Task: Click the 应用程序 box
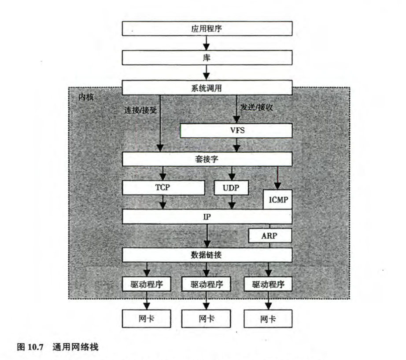207,29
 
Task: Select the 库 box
207,58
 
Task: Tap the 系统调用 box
207,88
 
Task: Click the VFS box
236,130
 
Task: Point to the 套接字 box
207,159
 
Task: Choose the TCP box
164,188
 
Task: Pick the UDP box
231,188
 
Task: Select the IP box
207,217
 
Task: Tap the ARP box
270,235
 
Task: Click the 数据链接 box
207,254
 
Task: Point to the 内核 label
85,96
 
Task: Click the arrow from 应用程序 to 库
207,43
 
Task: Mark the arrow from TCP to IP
164,202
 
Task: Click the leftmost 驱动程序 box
145,284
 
